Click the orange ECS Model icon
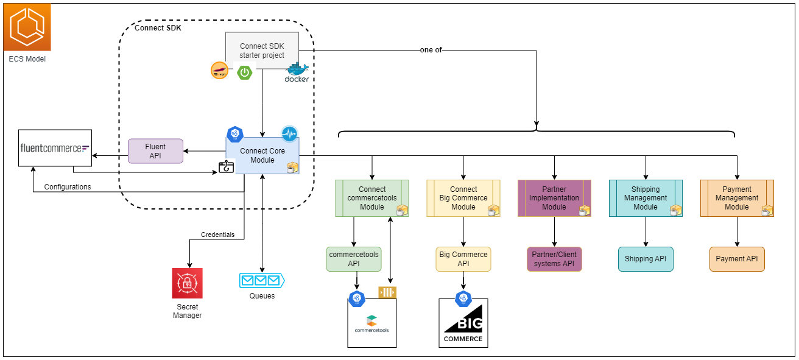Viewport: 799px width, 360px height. [x=27, y=27]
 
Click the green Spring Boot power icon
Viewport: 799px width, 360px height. [x=245, y=72]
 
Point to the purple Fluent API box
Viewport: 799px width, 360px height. [x=155, y=150]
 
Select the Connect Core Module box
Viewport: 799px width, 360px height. [x=262, y=155]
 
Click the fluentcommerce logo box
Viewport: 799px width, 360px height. [x=55, y=147]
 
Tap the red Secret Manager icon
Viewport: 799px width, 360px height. [x=187, y=283]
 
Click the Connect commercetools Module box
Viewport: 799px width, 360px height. [x=371, y=198]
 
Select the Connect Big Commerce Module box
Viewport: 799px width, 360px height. [x=463, y=198]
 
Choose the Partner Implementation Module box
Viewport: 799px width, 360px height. [x=554, y=198]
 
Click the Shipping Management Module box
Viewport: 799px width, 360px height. [x=646, y=198]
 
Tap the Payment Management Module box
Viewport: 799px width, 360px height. [x=737, y=198]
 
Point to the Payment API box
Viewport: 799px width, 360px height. [x=737, y=259]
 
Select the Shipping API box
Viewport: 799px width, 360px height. [x=646, y=259]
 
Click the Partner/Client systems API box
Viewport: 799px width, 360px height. [x=554, y=259]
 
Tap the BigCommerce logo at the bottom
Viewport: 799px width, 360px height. [x=463, y=326]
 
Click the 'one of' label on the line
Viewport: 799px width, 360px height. [x=431, y=50]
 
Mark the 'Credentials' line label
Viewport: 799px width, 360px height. [x=217, y=235]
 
